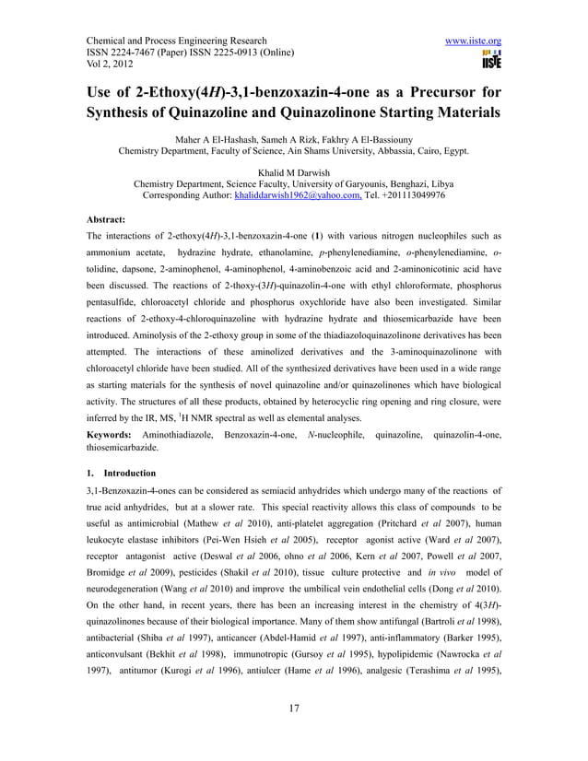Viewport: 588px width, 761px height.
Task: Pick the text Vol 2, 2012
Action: click(115, 67)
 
